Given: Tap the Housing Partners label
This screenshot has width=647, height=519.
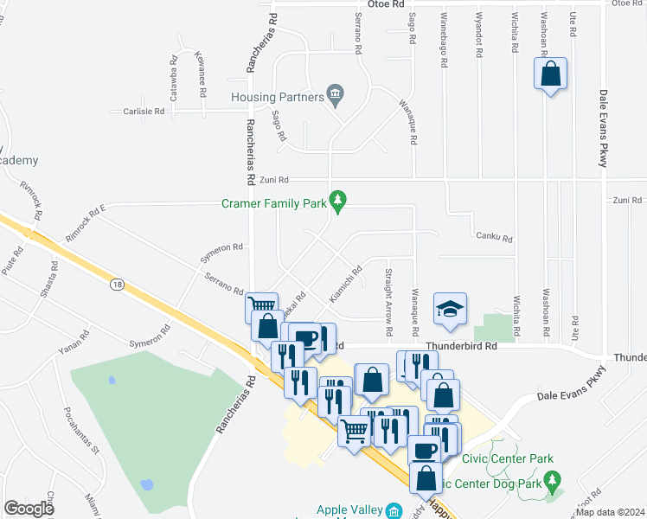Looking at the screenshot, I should (x=276, y=96).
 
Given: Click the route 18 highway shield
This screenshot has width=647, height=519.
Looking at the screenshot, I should (x=116, y=283).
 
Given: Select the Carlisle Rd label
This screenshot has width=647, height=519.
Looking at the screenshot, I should (x=143, y=112).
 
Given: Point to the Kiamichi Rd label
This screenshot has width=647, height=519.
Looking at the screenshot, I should (x=345, y=285).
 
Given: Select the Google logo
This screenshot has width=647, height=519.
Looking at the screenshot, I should (x=29, y=508).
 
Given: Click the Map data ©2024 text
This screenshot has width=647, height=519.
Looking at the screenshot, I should (x=610, y=512).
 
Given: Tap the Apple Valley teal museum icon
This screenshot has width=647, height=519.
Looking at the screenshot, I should (x=394, y=510).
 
